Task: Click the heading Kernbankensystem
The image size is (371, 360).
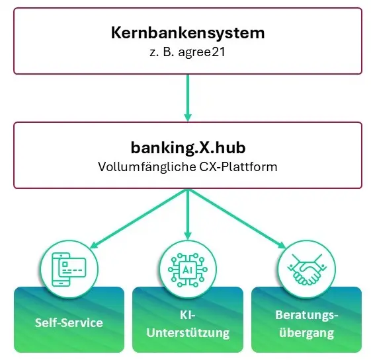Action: click(188, 33)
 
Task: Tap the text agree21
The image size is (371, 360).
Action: click(202, 52)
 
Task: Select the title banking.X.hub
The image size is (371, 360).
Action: click(188, 147)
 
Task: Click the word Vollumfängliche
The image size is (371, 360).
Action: click(147, 167)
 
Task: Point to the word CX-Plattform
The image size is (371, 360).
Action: click(238, 167)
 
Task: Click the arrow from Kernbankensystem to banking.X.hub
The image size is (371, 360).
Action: click(188, 98)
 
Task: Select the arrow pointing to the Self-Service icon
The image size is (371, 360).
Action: click(139, 219)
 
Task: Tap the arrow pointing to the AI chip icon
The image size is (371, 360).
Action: click(188, 215)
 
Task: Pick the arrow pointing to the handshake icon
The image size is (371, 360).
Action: click(237, 219)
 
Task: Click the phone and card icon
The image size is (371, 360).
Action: click(69, 270)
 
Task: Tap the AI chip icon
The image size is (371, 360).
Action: click(188, 270)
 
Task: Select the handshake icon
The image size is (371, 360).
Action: click(307, 270)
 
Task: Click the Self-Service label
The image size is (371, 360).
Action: click(69, 322)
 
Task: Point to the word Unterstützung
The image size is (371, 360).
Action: click(188, 333)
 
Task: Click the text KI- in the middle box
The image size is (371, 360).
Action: click(188, 315)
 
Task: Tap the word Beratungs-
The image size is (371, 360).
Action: click(307, 315)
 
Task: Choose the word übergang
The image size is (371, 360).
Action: click(307, 333)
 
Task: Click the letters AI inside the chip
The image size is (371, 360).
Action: click(188, 270)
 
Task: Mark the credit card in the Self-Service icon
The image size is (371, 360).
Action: click(72, 268)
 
